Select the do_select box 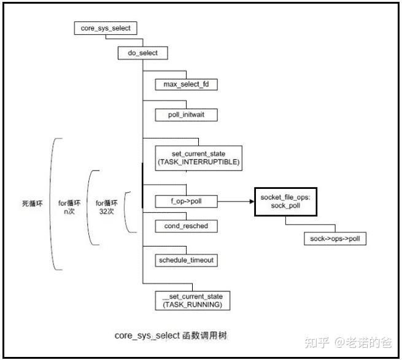142,53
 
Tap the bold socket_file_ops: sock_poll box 285,201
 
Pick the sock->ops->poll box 335,239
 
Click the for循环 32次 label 106,207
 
